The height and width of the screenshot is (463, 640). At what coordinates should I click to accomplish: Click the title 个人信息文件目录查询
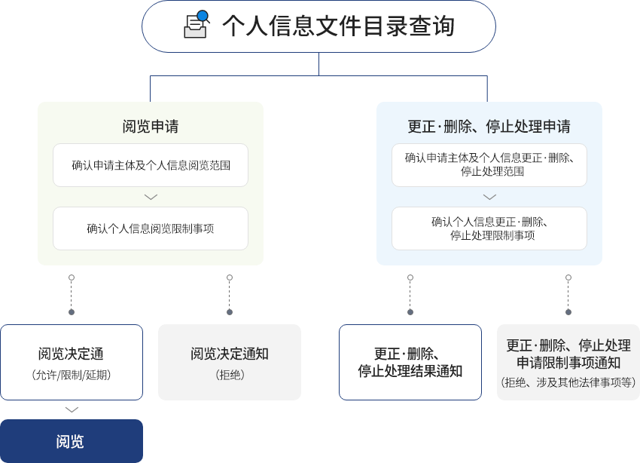pyautogui.click(x=338, y=26)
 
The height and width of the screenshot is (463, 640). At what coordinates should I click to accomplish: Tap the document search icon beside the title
pyautogui.click(x=196, y=24)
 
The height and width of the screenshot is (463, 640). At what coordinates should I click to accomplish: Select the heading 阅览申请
pyautogui.click(x=151, y=126)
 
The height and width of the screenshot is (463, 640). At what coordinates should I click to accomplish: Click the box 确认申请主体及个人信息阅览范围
pyautogui.click(x=151, y=165)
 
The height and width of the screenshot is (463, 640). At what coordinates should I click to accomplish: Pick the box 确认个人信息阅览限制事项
pyautogui.click(x=151, y=228)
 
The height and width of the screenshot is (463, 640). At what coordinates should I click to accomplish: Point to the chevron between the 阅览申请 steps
pyautogui.click(x=151, y=197)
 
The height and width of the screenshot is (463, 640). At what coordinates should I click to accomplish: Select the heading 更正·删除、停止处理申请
pyautogui.click(x=489, y=126)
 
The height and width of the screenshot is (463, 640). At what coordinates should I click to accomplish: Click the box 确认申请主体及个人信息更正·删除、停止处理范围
pyautogui.click(x=489, y=164)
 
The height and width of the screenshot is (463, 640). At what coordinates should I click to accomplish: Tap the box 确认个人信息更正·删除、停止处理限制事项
pyautogui.click(x=489, y=228)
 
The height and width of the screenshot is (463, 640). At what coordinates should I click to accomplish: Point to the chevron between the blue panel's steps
pyautogui.click(x=489, y=197)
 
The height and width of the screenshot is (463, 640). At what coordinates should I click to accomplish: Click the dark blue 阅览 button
pyautogui.click(x=71, y=441)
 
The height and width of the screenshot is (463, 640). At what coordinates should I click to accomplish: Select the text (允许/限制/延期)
pyautogui.click(x=72, y=375)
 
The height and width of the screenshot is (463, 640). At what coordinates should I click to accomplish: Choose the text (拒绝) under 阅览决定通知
pyautogui.click(x=230, y=375)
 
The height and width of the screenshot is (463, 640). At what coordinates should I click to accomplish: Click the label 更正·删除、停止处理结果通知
pyautogui.click(x=410, y=363)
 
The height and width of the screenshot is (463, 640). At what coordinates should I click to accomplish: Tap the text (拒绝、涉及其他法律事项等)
pyautogui.click(x=568, y=382)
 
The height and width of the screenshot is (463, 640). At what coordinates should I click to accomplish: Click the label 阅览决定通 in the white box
pyautogui.click(x=71, y=354)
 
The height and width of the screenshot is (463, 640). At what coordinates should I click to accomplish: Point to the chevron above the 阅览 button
pyautogui.click(x=72, y=409)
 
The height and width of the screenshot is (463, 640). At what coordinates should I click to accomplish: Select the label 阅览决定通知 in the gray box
pyautogui.click(x=230, y=354)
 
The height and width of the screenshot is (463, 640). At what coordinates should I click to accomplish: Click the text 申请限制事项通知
pyautogui.click(x=568, y=363)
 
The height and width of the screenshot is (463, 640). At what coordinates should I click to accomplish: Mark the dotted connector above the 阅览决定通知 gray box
pyautogui.click(x=230, y=294)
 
